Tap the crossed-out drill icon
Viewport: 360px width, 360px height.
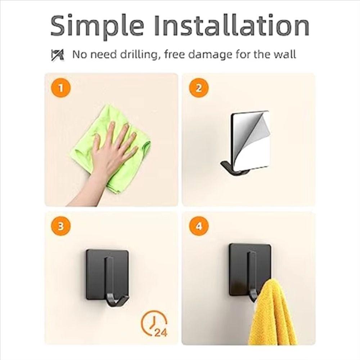58,55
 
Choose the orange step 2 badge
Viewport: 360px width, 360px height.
198,88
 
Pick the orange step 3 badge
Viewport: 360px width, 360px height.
61,226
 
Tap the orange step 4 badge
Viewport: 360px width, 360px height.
198,226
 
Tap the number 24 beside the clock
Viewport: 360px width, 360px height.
160,332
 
